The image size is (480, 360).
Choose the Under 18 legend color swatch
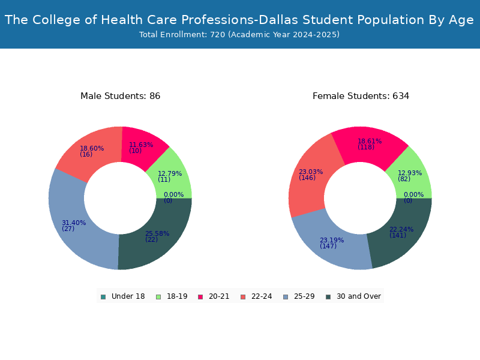point(103,297)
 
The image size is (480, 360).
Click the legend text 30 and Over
point(359,296)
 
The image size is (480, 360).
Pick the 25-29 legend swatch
point(286,297)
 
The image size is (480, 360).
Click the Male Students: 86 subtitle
point(121,96)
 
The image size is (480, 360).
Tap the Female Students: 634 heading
point(361,96)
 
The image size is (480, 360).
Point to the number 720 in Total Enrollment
point(218,35)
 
